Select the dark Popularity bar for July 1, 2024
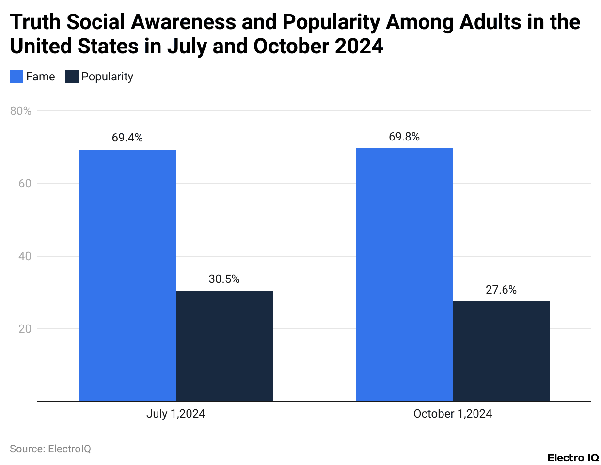pos(224,346)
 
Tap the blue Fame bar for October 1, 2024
pos(404,275)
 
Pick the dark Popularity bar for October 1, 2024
pos(501,351)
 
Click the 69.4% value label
pos(127,138)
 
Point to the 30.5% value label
pos(224,279)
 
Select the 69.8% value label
pos(404,137)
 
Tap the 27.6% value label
pos(501,290)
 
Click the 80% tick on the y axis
pos(20,111)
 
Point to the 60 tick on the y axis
pos(25,184)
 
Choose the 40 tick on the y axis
pos(25,256)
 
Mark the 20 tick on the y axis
pos(25,329)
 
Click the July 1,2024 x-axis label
pos(175,414)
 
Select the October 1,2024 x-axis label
pos(452,414)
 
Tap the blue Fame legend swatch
pos(16,77)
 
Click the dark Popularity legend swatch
pos(72,77)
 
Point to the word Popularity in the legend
pos(107,77)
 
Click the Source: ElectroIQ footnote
pos(50,449)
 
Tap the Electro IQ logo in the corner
pos(573,458)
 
